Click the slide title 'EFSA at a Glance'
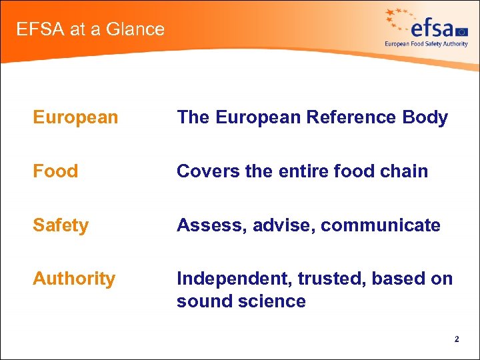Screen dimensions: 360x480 coord(90,29)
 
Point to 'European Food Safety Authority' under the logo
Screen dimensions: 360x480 coord(426,44)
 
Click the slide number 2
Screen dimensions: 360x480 coord(457,339)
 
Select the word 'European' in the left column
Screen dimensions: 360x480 coord(75,118)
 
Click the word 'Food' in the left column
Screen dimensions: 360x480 coord(55,171)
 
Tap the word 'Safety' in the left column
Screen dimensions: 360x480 coord(61,225)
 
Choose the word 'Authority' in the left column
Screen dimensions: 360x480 coord(74,279)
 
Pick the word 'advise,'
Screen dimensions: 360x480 coord(285,225)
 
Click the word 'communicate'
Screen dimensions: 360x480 coord(381,225)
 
